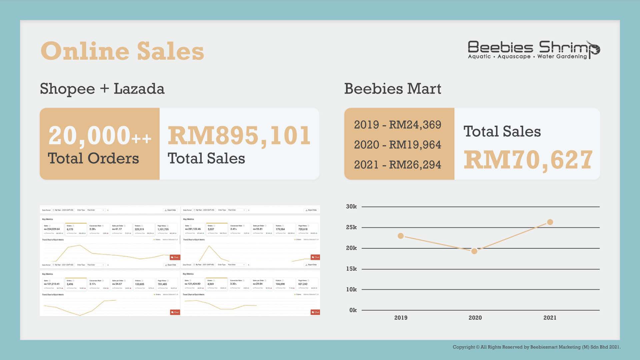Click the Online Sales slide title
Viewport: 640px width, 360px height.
tap(122, 51)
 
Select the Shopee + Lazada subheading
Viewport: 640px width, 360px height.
tap(102, 89)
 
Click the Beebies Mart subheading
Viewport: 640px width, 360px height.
tap(393, 89)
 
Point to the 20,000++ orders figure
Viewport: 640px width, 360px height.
tap(99, 136)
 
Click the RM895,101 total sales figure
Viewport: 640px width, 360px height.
tap(239, 136)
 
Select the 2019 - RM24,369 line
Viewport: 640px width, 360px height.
tap(397, 125)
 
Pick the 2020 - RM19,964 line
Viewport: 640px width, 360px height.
tap(397, 145)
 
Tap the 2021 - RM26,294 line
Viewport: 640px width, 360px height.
tap(397, 165)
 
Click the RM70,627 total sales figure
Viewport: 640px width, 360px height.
tap(528, 160)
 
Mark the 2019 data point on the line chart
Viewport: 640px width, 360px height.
tap(401, 236)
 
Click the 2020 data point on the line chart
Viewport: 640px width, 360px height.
tap(474, 251)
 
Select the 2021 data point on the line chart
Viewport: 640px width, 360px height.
tap(550, 222)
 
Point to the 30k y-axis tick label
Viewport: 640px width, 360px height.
tap(351, 207)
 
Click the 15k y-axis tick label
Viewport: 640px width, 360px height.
tap(351, 269)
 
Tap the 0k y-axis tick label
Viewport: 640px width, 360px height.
tap(353, 310)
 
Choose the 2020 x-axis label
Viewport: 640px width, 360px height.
tap(475, 318)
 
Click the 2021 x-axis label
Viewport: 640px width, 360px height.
tap(550, 318)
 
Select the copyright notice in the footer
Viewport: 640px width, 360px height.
tap(536, 347)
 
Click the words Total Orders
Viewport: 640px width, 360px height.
tap(93, 158)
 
